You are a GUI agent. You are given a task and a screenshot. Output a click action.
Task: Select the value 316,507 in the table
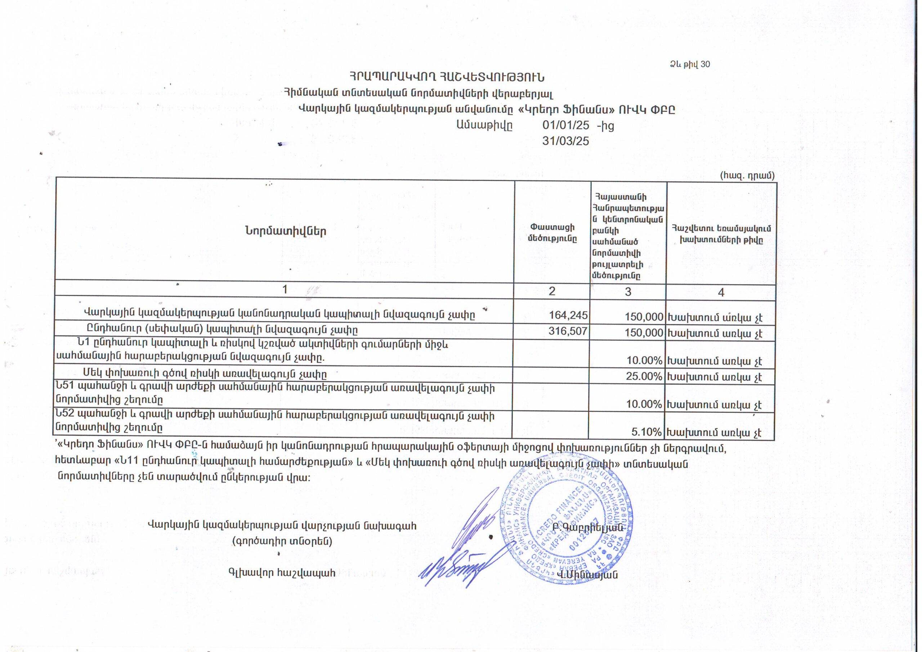568,331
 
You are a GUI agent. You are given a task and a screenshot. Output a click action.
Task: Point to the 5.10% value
646,432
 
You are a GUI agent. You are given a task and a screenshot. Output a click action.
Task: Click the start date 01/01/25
565,125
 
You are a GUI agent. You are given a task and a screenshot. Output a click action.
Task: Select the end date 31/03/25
565,141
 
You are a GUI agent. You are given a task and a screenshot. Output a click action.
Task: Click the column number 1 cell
285,290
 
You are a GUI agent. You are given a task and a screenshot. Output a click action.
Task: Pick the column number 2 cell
552,291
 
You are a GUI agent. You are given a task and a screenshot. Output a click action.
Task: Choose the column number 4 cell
721,292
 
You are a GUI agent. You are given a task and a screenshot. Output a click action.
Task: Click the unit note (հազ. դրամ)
747,175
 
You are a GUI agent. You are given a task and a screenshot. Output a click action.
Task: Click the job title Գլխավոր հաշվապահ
282,573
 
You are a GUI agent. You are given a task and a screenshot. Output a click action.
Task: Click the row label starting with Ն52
275,421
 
